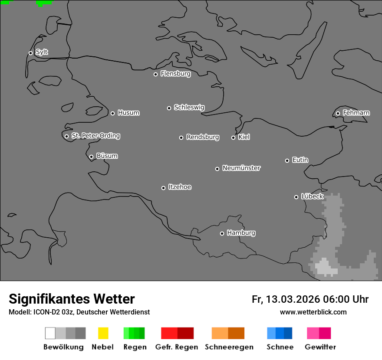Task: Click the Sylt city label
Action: point(42,52)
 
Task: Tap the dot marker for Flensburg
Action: point(155,74)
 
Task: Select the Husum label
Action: point(128,113)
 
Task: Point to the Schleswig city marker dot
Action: point(169,108)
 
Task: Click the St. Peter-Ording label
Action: point(95,136)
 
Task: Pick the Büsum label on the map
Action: point(107,156)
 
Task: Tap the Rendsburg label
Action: point(203,137)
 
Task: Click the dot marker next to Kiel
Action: point(233,137)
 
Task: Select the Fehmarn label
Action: point(356,113)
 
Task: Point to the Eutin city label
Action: point(300,160)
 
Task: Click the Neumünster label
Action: point(241,168)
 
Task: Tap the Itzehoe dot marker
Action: point(163,188)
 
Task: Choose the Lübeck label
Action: point(312,196)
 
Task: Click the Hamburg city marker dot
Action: point(222,233)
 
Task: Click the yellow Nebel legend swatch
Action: point(103,333)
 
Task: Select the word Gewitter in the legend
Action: point(320,347)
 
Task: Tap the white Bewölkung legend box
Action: point(50,333)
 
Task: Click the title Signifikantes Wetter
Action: point(72,299)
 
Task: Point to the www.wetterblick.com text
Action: point(313,312)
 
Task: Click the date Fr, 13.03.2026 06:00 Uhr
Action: point(310,299)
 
